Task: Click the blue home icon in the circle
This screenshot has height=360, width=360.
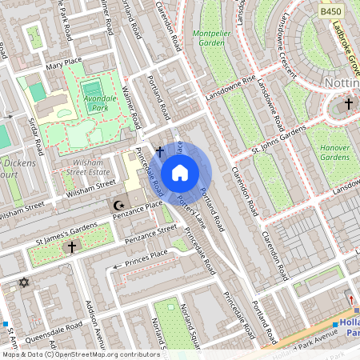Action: coord(180,172)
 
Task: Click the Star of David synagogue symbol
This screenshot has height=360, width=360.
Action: coord(23,282)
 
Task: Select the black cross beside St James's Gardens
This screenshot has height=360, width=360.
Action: coord(71,249)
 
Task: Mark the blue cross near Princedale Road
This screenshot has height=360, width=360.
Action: coord(159,150)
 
